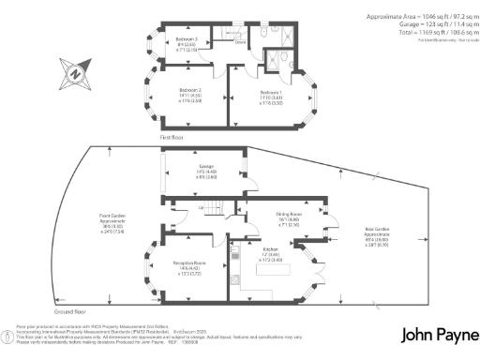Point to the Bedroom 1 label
[x=271, y=94]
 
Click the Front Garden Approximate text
[x=113, y=219]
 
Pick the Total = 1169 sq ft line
[x=421, y=33]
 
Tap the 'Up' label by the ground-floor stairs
[x=202, y=208]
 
